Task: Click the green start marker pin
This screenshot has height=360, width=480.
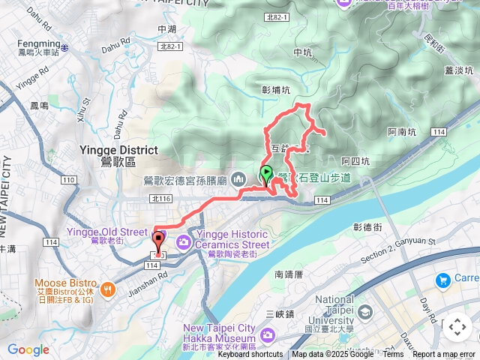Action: pos(266,175)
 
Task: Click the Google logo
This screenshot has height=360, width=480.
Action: pos(28,349)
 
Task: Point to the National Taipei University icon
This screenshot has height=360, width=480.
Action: pos(365,312)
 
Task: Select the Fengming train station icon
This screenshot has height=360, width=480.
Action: pos(65,47)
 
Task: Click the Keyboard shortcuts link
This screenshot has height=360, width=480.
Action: pos(250,355)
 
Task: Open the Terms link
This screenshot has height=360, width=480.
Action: pos(393,355)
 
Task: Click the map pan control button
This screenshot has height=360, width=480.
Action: pos(457,327)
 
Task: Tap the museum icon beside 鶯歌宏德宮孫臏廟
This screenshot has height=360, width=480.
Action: pos(238,179)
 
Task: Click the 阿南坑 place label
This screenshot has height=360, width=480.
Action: pos(402,132)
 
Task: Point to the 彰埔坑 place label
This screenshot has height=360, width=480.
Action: pos(275,90)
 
